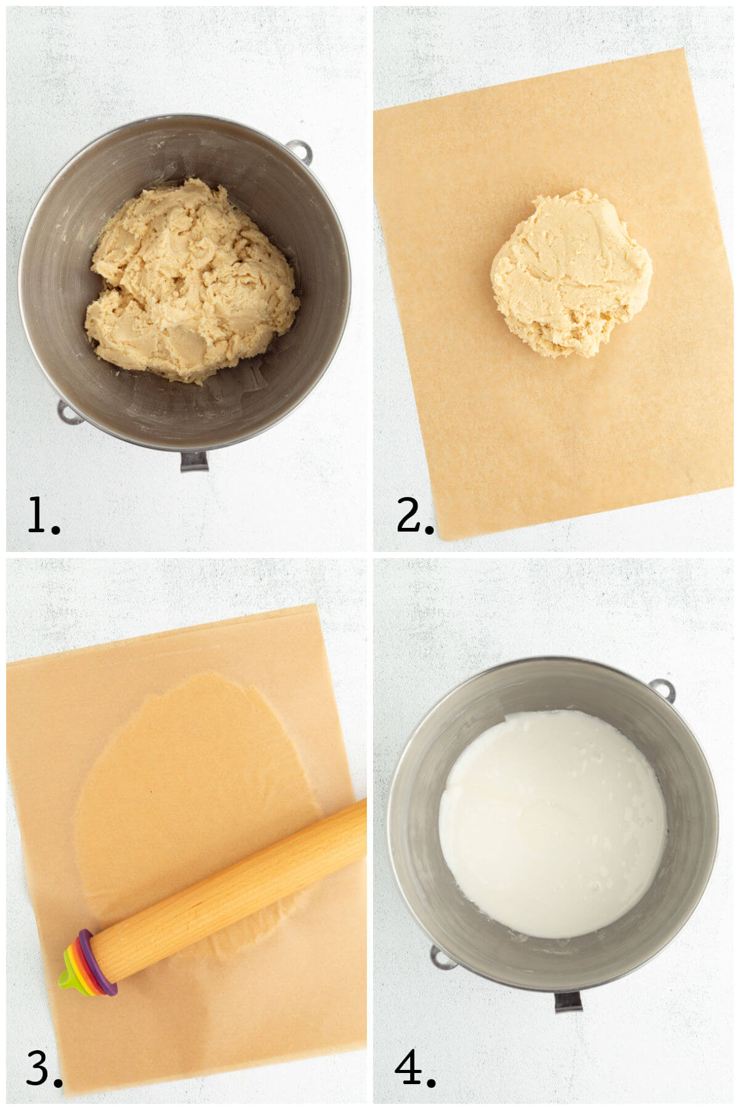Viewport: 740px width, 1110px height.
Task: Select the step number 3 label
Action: click(43, 1069)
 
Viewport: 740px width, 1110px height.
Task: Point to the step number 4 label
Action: click(414, 1069)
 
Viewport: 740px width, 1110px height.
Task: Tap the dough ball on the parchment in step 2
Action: click(570, 274)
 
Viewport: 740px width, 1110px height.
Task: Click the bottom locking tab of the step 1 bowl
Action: click(194, 461)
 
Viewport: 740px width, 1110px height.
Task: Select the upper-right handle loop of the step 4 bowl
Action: click(662, 689)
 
